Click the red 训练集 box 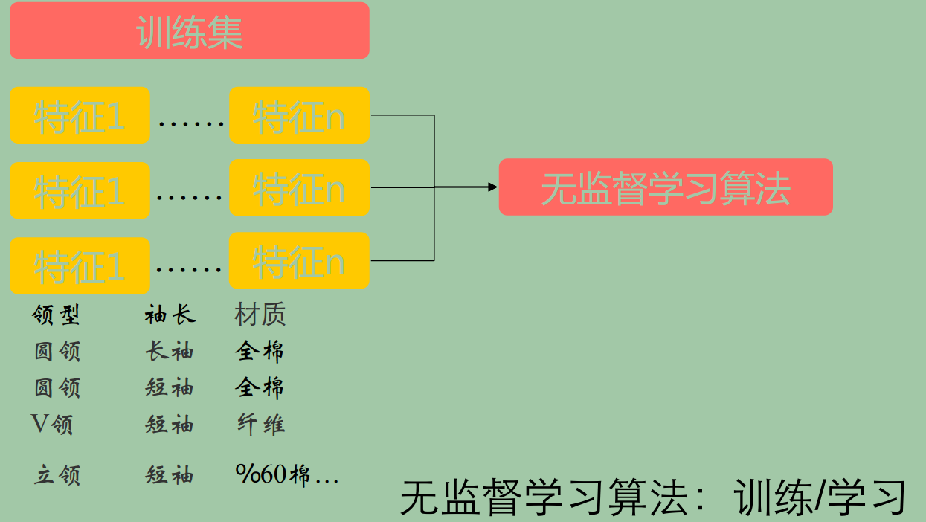click(189, 30)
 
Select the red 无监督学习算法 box click(665, 187)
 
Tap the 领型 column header click(56, 315)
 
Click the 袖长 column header click(170, 315)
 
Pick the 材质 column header click(260, 315)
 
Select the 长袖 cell click(170, 351)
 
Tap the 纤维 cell click(260, 425)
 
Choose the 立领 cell click(57, 475)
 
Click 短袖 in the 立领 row click(170, 475)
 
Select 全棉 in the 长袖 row click(260, 351)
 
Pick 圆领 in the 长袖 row click(57, 351)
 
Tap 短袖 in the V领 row click(170, 425)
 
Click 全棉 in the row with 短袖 click(260, 387)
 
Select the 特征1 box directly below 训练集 click(80, 116)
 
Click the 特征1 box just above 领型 click(80, 265)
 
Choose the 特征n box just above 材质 click(299, 261)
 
